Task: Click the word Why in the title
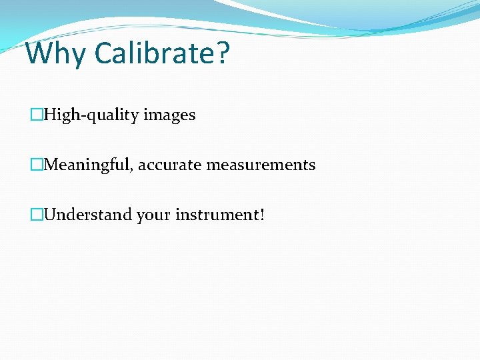click(x=55, y=53)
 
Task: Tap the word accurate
click(x=170, y=165)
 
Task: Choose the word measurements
click(x=261, y=165)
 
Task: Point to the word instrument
click(x=217, y=215)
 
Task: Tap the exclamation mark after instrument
click(x=262, y=215)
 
